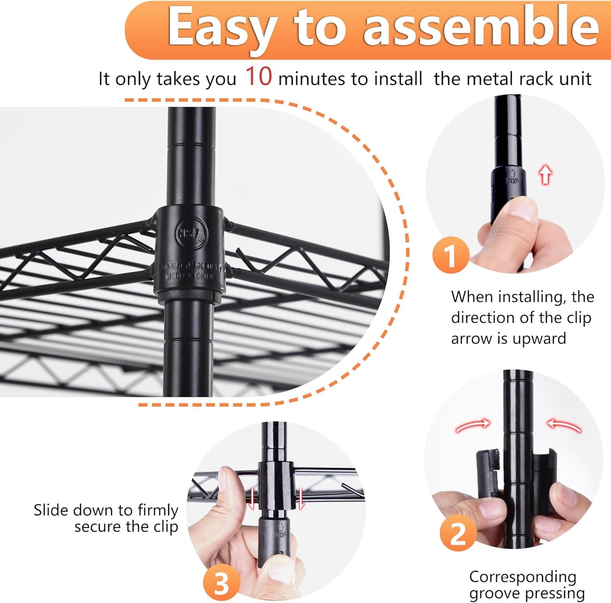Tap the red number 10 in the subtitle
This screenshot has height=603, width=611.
click(x=258, y=77)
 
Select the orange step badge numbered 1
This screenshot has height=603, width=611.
click(x=451, y=255)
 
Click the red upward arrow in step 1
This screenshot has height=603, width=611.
click(x=545, y=174)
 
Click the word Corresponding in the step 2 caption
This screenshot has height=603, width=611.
click(x=523, y=577)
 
